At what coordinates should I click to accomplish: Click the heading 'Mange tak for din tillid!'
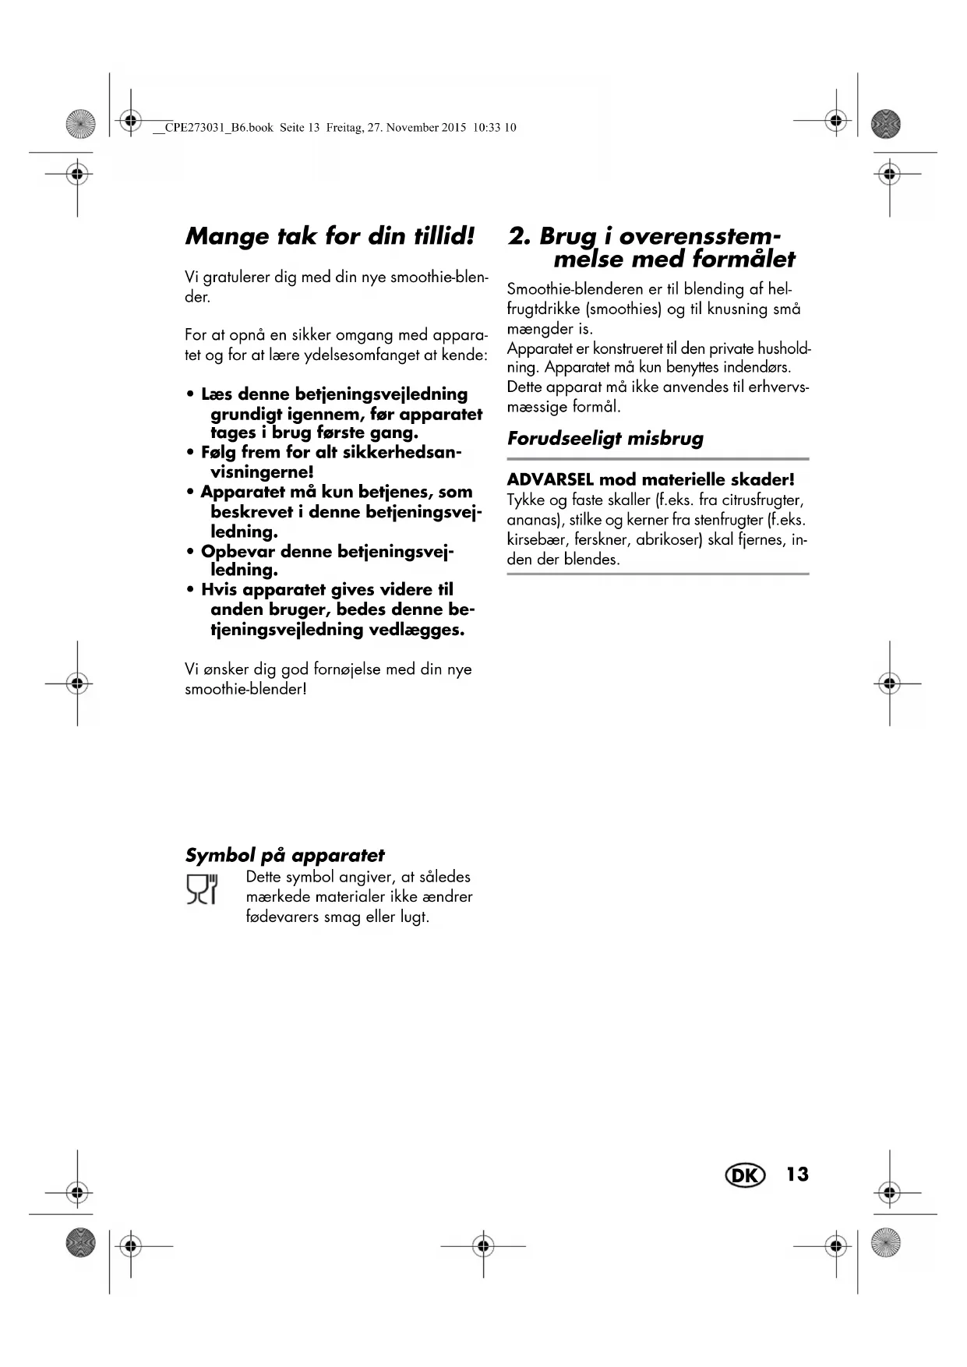coord(330,236)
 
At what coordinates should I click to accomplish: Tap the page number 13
coord(797,1174)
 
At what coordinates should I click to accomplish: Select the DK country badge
coord(745,1175)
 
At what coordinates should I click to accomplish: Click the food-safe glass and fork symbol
coord(202,889)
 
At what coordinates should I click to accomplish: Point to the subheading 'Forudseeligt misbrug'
coord(605,438)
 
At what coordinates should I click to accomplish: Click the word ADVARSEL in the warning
coord(550,479)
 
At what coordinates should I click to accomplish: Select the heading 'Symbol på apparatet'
coord(284,855)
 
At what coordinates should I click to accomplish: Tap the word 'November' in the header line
coord(415,128)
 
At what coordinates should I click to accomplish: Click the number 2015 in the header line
coord(454,128)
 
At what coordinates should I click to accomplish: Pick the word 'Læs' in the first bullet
coord(217,394)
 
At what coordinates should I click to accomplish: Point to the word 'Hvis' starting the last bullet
coord(219,590)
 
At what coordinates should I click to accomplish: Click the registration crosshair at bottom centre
coord(483,1246)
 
